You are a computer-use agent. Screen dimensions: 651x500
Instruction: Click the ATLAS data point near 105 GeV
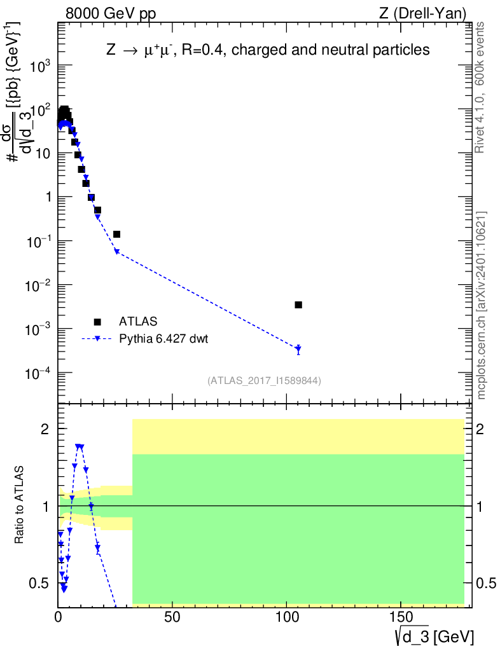pyautogui.click(x=298, y=305)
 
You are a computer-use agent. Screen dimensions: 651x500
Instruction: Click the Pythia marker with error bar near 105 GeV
pyautogui.click(x=298, y=348)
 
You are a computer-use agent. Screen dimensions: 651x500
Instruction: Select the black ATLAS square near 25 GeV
pyautogui.click(x=116, y=235)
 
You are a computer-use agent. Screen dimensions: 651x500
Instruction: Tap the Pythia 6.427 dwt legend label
pyautogui.click(x=163, y=339)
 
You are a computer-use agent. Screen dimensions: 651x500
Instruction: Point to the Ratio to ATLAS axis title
pyautogui.click(x=20, y=505)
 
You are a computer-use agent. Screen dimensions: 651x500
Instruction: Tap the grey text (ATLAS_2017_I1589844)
pyautogui.click(x=264, y=381)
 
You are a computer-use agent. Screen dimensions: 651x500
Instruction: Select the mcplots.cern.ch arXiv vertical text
pyautogui.click(x=482, y=305)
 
